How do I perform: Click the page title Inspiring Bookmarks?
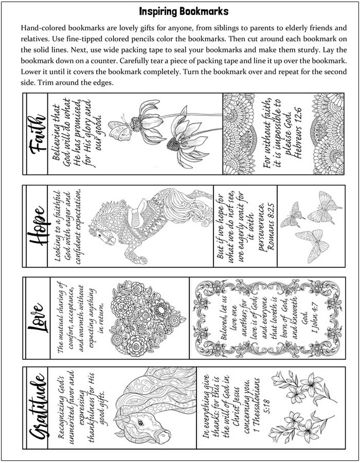click(x=184, y=11)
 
